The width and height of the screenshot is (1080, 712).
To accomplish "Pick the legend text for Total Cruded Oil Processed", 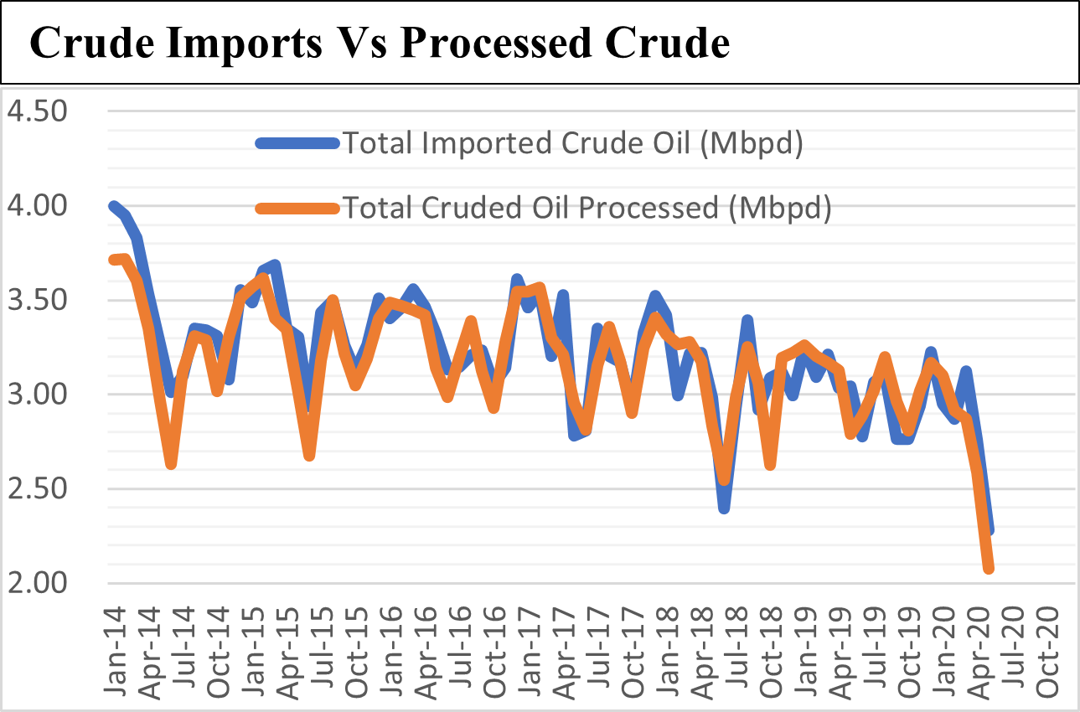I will (x=586, y=207).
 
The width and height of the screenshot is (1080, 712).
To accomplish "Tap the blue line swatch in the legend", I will (x=297, y=144).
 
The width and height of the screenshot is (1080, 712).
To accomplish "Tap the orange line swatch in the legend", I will (x=297, y=208).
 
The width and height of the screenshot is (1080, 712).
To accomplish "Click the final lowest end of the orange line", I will (x=990, y=569).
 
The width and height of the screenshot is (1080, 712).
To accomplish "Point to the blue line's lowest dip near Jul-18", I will (x=724, y=508).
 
